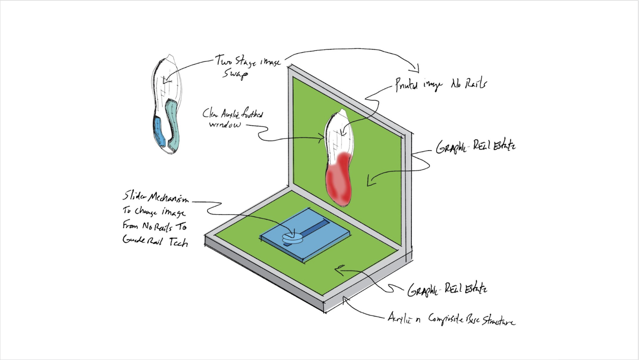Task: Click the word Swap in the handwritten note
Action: coord(235,73)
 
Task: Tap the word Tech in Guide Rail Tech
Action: coord(178,242)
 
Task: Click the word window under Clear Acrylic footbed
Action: coord(225,125)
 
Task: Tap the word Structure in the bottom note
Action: coord(498,321)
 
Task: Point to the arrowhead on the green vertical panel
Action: coord(370,182)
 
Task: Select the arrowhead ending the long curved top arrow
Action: coord(417,69)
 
